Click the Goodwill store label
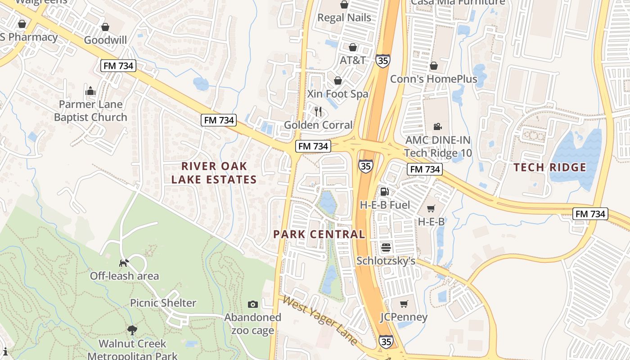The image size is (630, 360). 105,40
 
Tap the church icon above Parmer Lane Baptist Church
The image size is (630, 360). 90,91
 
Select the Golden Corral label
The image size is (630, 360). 318,125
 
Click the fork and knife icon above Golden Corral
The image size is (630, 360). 318,111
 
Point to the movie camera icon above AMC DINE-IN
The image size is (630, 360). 437,127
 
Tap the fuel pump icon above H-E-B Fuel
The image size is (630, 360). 385,192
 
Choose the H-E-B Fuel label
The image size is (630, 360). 385,205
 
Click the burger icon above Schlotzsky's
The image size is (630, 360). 386,247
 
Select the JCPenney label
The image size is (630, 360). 404,317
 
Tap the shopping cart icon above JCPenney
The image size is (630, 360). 404,304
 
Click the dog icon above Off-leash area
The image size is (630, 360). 124,262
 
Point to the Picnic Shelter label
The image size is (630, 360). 163,303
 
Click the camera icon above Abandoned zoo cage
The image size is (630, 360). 252,304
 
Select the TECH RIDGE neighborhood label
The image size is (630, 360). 549,168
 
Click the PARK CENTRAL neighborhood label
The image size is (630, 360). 319,234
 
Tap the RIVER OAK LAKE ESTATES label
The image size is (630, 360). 214,173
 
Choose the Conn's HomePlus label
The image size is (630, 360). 433,79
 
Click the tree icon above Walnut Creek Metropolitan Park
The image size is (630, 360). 132,330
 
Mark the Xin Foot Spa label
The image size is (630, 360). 337,94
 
